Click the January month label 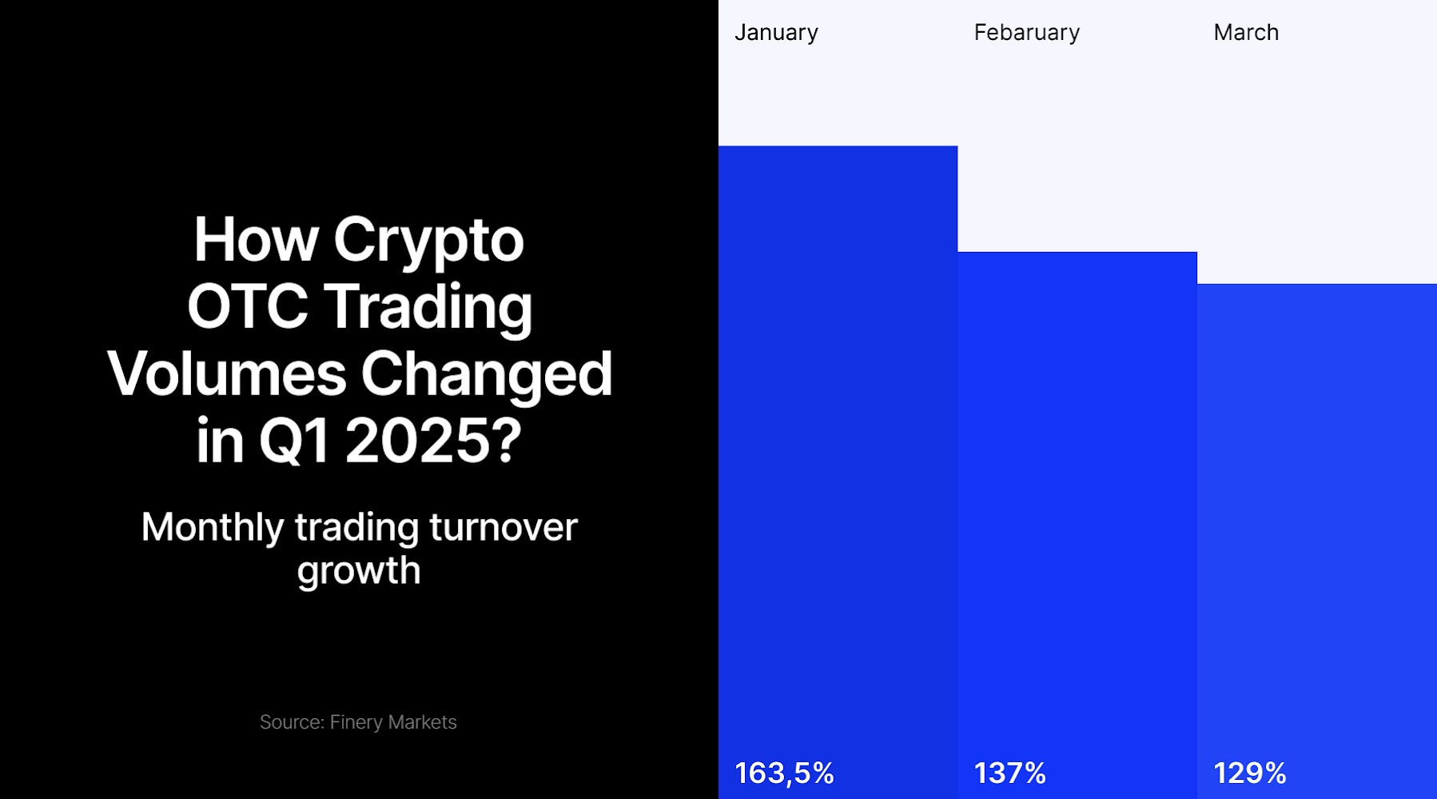776,33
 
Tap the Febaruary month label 1027,33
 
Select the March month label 1246,32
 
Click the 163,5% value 784,773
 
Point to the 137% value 1010,773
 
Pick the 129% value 1250,773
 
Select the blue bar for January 838,472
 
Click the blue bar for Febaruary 1077,525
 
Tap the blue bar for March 1317,541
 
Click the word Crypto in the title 428,242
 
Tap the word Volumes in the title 227,374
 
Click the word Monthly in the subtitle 213,529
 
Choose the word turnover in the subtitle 504,528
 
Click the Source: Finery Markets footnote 358,722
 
